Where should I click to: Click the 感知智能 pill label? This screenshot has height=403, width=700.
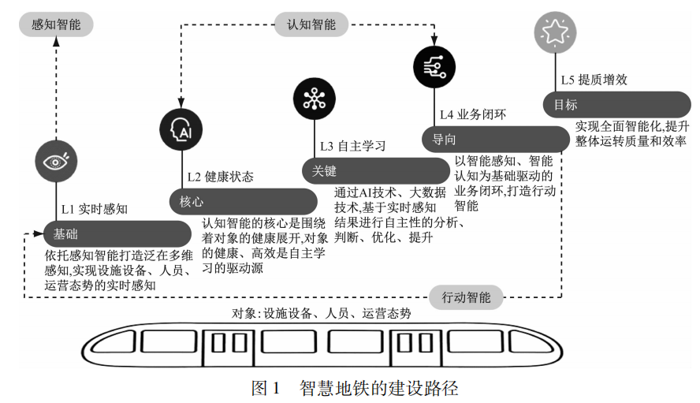coord(56,24)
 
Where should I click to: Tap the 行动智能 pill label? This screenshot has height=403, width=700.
coord(466,297)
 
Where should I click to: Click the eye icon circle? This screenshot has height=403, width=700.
coord(56,162)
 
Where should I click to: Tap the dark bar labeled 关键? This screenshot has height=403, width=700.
coord(375,170)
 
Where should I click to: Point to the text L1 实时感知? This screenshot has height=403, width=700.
coord(95,210)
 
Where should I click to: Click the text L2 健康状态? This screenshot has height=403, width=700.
coord(220,177)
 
